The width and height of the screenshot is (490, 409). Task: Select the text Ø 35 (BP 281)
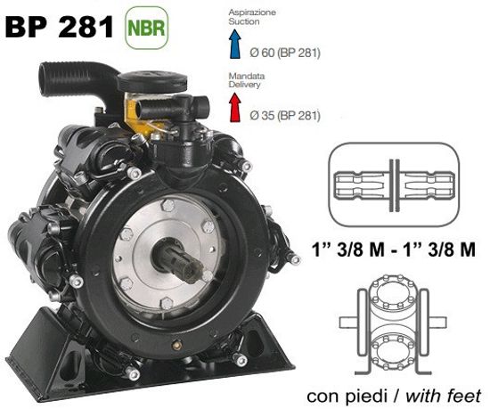tap(284, 116)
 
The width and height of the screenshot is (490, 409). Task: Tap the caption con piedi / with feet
tap(394, 394)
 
